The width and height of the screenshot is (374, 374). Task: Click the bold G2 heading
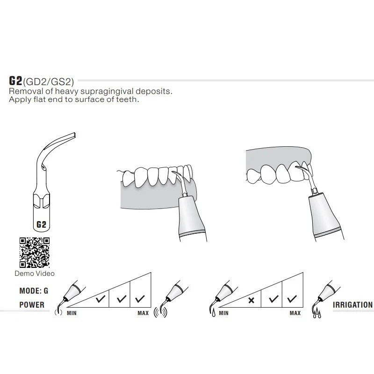(x=15, y=80)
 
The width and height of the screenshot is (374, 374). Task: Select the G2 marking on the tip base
(x=41, y=224)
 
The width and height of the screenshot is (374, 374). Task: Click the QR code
(x=35, y=252)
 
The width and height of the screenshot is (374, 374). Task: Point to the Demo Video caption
(x=35, y=273)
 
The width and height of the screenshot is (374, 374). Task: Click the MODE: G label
(x=34, y=291)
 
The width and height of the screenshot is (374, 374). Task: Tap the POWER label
(x=32, y=305)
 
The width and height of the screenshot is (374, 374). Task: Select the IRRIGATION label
(x=352, y=305)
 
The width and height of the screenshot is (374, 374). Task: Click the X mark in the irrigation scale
(x=251, y=300)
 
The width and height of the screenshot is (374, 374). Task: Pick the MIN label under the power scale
(x=72, y=313)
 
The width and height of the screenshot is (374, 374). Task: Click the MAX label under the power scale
(x=143, y=313)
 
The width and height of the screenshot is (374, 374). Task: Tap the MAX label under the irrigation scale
(x=295, y=313)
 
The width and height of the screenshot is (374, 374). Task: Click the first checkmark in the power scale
(x=101, y=299)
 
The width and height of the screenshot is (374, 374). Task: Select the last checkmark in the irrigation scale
(x=292, y=299)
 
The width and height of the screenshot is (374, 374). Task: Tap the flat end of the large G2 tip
(x=74, y=135)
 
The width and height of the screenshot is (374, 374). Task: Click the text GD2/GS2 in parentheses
(x=49, y=82)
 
